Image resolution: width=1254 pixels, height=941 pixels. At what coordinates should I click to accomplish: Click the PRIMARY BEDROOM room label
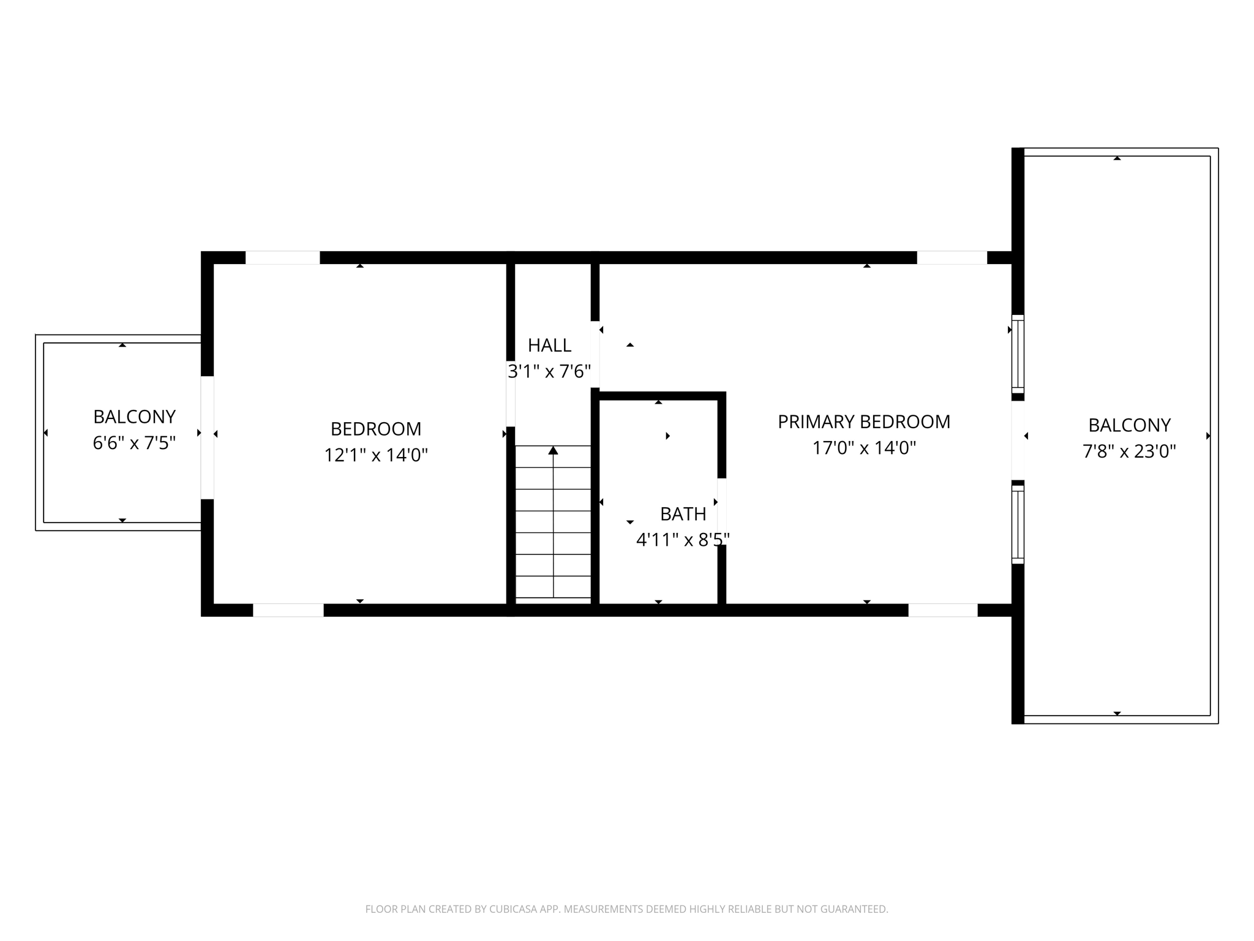point(863,421)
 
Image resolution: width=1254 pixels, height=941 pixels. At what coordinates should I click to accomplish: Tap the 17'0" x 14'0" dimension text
point(863,448)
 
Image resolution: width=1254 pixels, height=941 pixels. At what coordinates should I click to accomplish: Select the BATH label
point(683,514)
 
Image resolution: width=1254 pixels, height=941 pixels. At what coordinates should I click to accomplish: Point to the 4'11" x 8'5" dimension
point(683,540)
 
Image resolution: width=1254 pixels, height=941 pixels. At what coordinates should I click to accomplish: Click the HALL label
point(549,346)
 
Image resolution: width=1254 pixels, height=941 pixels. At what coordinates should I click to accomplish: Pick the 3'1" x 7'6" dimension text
point(549,372)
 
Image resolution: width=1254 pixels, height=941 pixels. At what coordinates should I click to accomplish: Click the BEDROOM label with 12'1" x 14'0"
point(375,429)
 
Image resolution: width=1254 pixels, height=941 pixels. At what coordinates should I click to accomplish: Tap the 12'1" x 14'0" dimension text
point(375,455)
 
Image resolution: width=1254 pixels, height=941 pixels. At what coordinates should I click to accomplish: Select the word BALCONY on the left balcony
point(134,417)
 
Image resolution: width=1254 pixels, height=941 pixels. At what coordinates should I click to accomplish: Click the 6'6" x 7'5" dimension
point(134,443)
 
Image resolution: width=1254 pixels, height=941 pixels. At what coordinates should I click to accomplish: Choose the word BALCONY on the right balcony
point(1129,425)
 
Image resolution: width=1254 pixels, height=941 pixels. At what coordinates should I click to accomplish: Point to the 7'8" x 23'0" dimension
point(1129,452)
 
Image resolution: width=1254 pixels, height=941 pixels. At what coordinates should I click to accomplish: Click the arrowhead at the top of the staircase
point(553,451)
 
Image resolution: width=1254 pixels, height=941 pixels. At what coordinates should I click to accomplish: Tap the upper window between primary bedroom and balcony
point(1017,354)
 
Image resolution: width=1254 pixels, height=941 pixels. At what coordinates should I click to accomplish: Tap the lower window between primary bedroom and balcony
point(1017,524)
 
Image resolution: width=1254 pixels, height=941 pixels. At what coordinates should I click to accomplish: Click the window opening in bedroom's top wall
point(282,258)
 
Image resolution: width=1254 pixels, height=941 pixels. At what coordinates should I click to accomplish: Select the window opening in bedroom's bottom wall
point(288,610)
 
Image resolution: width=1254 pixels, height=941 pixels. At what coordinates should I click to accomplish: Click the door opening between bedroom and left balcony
point(207,437)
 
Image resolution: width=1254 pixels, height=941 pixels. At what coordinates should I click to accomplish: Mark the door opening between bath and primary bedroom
point(721,511)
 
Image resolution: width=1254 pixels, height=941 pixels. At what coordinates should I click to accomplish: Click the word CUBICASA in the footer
point(514,909)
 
